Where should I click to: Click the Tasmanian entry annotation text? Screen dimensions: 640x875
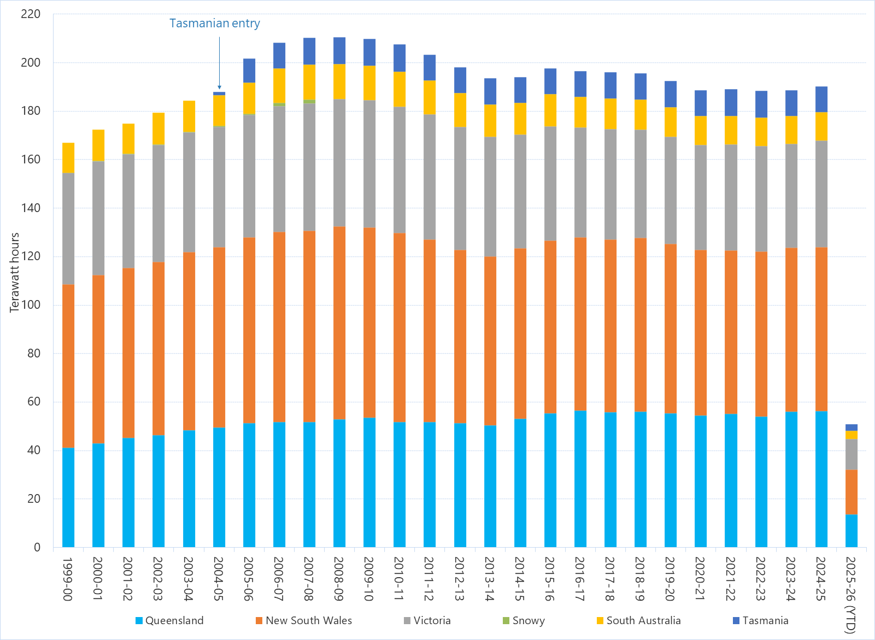coord(214,24)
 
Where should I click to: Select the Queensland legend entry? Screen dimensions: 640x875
coord(169,620)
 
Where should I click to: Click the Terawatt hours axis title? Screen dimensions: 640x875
coord(15,272)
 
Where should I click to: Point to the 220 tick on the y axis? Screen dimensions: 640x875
coord(31,14)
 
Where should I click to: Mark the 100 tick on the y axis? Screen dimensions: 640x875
coord(31,305)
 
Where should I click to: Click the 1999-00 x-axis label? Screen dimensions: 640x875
coord(68,579)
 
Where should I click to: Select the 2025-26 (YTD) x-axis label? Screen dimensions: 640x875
coord(850,595)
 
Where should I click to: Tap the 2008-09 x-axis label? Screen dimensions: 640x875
coord(339,579)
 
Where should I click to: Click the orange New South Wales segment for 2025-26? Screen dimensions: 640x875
coord(851,492)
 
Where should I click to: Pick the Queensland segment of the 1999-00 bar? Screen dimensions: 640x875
coord(68,497)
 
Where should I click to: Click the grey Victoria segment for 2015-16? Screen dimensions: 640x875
coord(550,184)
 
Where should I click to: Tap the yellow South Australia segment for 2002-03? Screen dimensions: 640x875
coord(158,128)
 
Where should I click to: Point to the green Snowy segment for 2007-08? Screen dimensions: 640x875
coord(309,102)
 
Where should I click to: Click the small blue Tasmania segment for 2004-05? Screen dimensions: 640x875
coord(219,93)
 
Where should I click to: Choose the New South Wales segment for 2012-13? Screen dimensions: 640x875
coord(460,337)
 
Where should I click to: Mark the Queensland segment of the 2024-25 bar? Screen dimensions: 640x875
coord(821,479)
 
